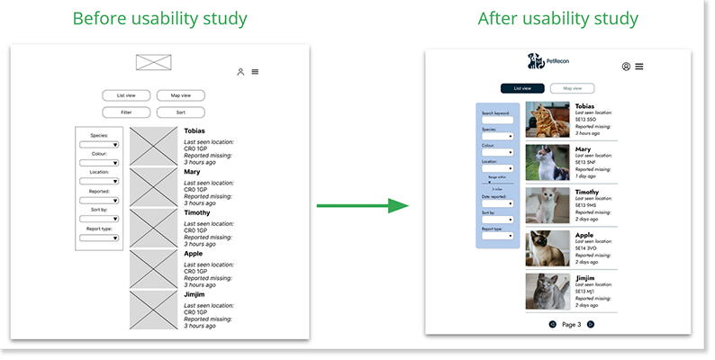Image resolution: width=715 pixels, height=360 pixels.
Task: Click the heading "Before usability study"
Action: tap(159, 18)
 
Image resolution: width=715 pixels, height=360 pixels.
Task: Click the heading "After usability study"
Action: tap(557, 18)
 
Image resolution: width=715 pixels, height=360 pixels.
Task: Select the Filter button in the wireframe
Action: tap(126, 112)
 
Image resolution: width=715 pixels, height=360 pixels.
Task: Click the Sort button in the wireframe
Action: tap(180, 112)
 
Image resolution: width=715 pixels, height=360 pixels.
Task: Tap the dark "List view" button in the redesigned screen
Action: tap(522, 88)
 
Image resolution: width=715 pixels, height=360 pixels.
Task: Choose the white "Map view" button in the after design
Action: tap(573, 88)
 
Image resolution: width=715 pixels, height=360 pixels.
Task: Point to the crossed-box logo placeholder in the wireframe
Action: tap(153, 63)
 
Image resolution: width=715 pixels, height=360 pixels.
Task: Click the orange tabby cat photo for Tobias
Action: tap(548, 119)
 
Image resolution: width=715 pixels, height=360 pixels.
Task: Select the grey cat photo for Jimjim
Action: tap(548, 291)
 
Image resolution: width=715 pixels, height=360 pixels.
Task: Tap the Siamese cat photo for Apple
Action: tap(548, 248)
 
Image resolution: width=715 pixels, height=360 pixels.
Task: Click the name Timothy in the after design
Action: tap(587, 192)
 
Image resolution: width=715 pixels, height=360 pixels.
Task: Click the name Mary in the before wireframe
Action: tap(192, 171)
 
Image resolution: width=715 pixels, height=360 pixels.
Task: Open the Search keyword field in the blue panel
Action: tap(496, 121)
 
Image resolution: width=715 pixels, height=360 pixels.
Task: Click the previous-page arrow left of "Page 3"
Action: tap(552, 324)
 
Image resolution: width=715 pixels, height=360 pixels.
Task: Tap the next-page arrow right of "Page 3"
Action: tap(591, 324)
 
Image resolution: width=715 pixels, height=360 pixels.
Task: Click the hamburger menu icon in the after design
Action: tap(639, 67)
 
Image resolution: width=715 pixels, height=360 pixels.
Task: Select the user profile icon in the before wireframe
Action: tap(240, 72)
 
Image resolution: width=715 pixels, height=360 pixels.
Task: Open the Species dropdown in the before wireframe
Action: tap(99, 144)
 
